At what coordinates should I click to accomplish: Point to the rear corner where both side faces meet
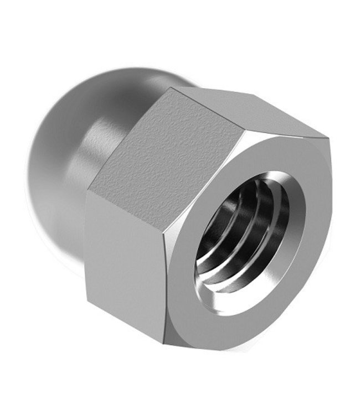[89, 191]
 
